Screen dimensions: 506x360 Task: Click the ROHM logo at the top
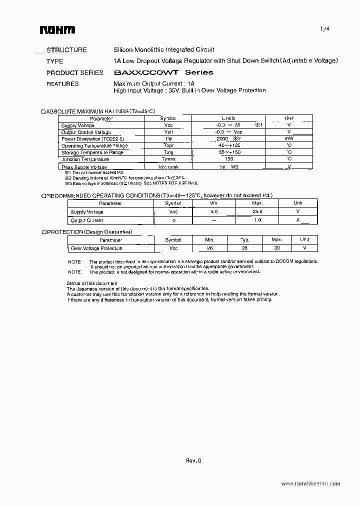tap(57, 30)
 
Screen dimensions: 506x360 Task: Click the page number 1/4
tap(324, 29)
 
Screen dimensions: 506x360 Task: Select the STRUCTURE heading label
tap(66, 50)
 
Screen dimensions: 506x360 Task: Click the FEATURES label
tap(62, 84)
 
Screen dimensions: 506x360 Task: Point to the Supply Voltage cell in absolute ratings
tap(77, 125)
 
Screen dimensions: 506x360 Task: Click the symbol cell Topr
tap(168, 146)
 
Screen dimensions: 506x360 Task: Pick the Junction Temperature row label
tap(85, 159)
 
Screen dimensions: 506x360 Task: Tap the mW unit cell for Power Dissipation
tap(289, 139)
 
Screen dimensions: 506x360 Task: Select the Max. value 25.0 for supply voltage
tap(257, 212)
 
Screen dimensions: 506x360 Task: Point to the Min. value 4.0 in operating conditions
tap(213, 212)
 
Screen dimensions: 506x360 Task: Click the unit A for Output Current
tap(297, 220)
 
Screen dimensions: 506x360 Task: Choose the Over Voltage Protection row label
tap(96, 248)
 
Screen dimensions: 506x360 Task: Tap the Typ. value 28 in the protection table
tap(244, 248)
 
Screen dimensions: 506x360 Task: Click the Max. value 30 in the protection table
tap(276, 248)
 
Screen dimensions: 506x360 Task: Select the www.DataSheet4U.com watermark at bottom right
tap(310, 484)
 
